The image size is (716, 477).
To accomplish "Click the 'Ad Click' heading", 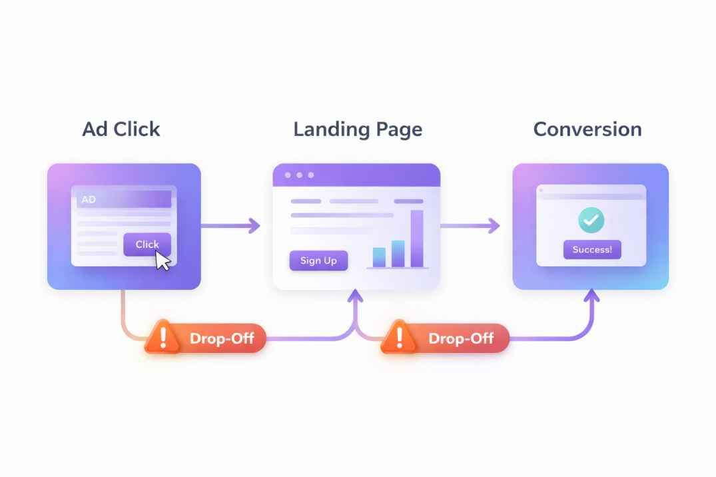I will (x=121, y=129).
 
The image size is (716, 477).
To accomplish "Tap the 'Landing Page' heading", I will (x=358, y=129).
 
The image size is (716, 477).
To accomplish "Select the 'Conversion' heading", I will (x=587, y=129).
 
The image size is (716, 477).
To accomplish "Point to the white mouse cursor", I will (x=163, y=259).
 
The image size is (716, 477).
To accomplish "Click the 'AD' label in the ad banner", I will (x=89, y=199).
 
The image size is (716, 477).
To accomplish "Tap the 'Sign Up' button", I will (x=318, y=260).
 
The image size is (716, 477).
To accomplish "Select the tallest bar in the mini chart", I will (x=417, y=238).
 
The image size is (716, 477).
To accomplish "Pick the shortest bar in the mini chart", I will (x=379, y=256).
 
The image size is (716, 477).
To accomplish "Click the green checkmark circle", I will (x=591, y=219).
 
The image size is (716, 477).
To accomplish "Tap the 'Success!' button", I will (x=592, y=250).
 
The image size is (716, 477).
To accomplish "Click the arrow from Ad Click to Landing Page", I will (x=230, y=226).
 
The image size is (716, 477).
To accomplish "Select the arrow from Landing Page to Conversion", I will (x=470, y=226).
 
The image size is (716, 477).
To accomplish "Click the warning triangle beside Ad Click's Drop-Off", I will (x=162, y=336).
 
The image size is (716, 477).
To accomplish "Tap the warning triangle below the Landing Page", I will (x=400, y=336).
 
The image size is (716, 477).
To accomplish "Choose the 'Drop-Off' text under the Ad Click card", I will (x=222, y=338).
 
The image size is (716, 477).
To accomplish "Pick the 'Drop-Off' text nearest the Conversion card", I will (x=461, y=338).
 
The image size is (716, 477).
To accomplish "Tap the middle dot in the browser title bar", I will (x=299, y=175).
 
